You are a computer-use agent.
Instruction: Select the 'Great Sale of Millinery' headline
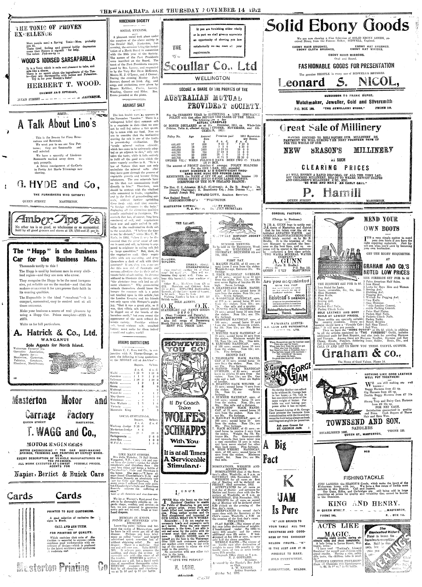(x=331, y=128)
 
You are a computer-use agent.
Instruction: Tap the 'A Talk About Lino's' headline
(x=57, y=124)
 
